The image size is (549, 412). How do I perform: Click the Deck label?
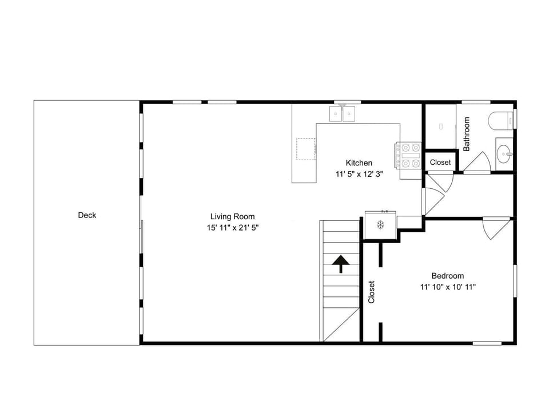87,215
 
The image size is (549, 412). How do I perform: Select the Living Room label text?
233,216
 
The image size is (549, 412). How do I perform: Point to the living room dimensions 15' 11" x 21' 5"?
233,228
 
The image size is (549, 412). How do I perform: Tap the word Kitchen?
359,163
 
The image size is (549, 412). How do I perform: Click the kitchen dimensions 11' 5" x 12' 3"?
359,174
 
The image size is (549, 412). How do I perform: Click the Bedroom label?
447,276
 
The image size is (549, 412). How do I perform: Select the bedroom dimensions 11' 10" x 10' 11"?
448,287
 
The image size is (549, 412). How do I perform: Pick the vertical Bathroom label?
467,134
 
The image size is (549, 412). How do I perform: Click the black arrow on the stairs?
341,264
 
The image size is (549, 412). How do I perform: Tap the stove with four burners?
408,155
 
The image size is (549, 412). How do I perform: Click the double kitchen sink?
342,113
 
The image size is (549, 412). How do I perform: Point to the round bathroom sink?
504,153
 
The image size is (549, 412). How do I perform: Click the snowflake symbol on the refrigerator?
381,224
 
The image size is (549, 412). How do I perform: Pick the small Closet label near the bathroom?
440,162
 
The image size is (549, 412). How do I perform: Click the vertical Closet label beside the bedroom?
372,292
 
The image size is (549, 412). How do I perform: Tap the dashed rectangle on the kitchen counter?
306,149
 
